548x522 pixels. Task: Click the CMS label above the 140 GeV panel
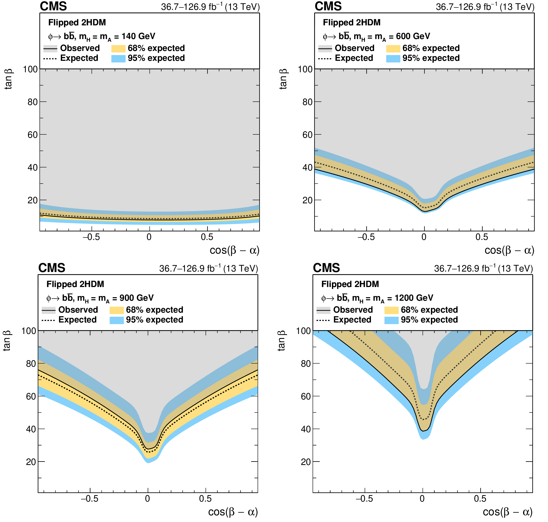coord(53,6)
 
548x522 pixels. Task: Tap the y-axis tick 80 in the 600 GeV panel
coord(307,102)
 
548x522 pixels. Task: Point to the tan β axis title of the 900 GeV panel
coord(7,341)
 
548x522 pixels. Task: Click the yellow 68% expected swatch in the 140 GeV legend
coord(118,48)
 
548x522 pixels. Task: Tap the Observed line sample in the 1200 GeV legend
coord(323,310)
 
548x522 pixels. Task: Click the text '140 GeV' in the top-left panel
coord(138,36)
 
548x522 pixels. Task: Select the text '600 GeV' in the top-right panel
coord(413,36)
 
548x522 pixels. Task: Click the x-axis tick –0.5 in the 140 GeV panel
coord(91,237)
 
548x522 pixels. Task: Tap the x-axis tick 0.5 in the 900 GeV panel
coord(205,499)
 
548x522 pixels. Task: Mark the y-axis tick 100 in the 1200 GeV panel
coord(303,331)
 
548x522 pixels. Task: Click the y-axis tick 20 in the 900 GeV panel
coord(31,462)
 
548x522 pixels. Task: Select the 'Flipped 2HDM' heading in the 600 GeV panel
coord(352,22)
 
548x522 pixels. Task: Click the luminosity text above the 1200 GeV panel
coord(483,268)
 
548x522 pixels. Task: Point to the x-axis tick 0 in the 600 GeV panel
coord(424,237)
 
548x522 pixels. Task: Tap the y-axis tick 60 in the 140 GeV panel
coord(33,135)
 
